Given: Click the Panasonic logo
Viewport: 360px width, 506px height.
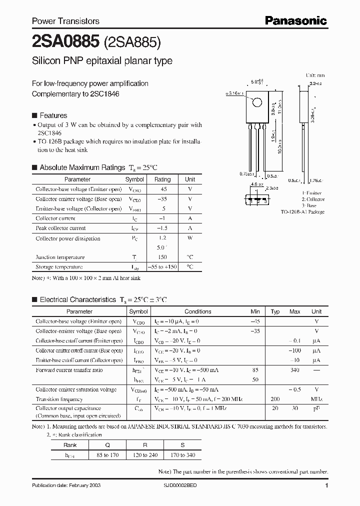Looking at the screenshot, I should (x=295, y=20).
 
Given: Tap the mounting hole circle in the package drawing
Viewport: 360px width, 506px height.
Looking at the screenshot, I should (x=256, y=103).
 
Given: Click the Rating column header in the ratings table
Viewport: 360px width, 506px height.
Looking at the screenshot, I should (x=162, y=179).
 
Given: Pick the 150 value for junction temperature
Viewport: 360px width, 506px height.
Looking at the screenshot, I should (x=162, y=257).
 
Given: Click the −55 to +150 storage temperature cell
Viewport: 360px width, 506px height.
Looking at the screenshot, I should (x=162, y=267).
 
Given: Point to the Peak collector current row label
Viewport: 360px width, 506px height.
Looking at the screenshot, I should (x=60, y=228).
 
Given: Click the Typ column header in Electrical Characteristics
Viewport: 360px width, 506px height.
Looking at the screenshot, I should (x=275, y=311).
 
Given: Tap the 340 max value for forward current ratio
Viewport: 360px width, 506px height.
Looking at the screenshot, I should (x=294, y=370).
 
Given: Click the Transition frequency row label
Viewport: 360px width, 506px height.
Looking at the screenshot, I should (x=59, y=399).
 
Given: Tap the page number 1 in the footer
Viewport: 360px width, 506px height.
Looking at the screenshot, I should (x=326, y=486).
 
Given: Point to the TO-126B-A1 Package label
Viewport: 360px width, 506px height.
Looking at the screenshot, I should (x=302, y=212).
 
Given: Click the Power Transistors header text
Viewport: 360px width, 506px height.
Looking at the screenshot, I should (x=65, y=21).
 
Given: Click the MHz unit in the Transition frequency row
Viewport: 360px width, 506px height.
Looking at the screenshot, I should (x=316, y=399).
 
